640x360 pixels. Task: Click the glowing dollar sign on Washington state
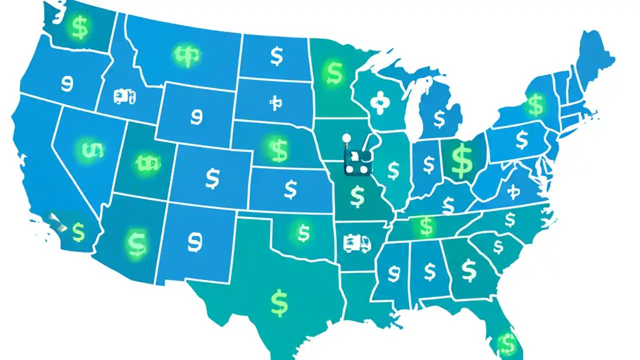coord(79,27)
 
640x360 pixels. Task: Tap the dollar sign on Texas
coord(279,302)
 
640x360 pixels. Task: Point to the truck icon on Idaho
coord(124,96)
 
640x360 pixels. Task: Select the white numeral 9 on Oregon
coord(66,83)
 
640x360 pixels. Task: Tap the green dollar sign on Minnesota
coord(333,72)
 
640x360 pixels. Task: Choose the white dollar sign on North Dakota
coord(276,56)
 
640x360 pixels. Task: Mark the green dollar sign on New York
coord(535,105)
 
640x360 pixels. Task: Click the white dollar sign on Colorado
coord(212,178)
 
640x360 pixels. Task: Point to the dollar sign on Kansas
coord(290,189)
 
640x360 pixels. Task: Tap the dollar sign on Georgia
coord(468,270)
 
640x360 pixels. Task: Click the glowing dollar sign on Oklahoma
coord(303,232)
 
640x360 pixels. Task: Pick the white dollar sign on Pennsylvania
coord(521,140)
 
